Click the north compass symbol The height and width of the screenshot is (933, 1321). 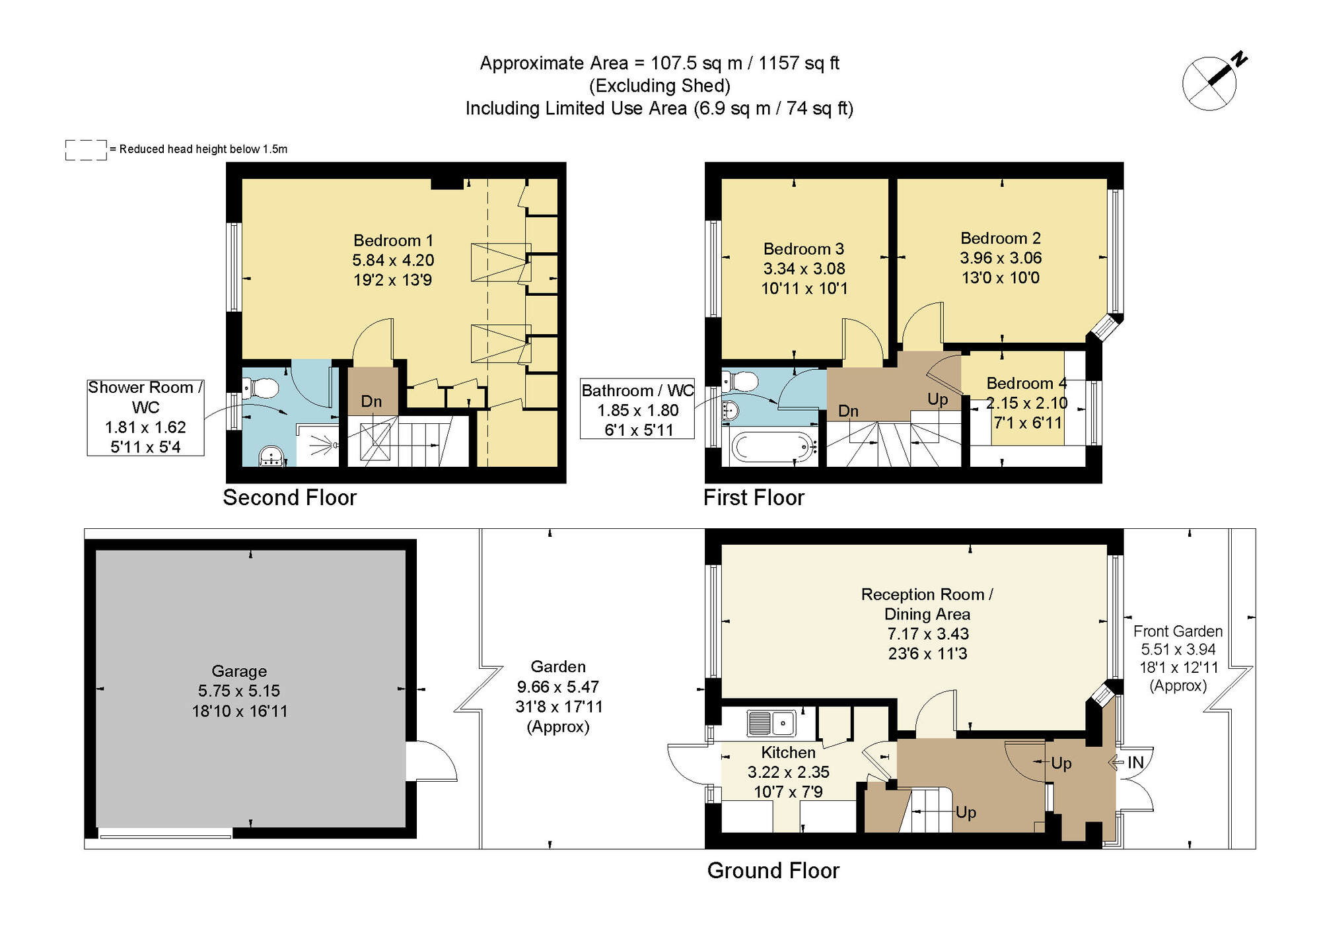coord(1210,83)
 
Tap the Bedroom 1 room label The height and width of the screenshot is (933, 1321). coord(393,240)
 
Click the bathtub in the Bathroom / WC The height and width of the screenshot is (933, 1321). coord(770,447)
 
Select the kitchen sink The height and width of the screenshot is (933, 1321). coord(771,723)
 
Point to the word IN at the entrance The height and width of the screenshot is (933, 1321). coord(1135,763)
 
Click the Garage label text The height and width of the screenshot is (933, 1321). coord(239,671)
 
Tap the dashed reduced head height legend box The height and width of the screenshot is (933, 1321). coord(86,149)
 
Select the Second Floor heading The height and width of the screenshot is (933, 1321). coord(289,497)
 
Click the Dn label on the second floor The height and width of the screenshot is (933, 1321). coord(371,401)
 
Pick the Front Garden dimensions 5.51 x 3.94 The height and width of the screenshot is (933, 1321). coord(1178,649)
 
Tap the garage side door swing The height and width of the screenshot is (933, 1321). coord(433,761)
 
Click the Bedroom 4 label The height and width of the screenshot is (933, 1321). coord(1026,383)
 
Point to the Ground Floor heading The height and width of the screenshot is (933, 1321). coord(773,870)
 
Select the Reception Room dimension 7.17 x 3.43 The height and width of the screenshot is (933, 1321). coord(927,634)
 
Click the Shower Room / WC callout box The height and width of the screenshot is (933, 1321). coord(145,417)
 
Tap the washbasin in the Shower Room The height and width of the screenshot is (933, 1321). coord(271,456)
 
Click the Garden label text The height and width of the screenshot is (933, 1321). coord(558,666)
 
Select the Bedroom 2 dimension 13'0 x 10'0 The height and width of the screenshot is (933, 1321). coord(1000,278)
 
